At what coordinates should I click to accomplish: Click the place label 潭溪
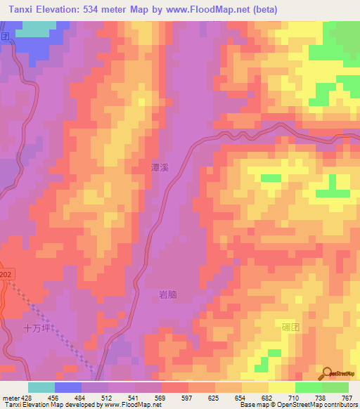[x=160, y=169]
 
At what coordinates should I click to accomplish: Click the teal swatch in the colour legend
[x=41, y=387]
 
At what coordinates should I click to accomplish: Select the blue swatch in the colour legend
[x=68, y=387]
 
